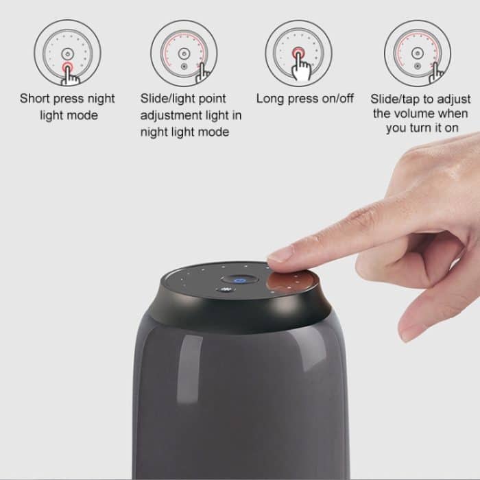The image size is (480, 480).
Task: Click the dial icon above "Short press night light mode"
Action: [x=67, y=53]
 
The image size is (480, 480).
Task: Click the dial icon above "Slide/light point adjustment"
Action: [x=184, y=53]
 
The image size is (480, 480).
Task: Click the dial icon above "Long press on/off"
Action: [x=299, y=53]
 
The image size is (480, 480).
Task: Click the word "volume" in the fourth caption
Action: [x=413, y=114]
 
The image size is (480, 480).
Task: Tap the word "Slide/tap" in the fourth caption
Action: [x=396, y=99]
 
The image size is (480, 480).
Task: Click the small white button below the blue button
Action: [x=226, y=290]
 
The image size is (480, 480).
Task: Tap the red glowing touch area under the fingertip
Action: [x=291, y=280]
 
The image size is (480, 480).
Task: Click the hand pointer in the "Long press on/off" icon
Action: [x=302, y=65]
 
